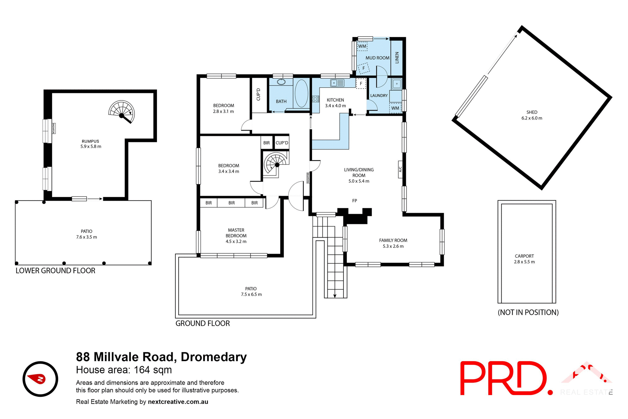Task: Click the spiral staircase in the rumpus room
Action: click(122, 111)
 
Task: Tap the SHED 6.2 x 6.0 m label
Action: click(532, 115)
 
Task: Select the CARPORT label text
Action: click(524, 256)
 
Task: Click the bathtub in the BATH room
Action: click(301, 93)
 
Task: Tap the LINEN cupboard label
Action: click(397, 58)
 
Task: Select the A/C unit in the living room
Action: click(400, 169)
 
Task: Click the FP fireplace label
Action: click(355, 201)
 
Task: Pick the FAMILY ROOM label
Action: click(393, 240)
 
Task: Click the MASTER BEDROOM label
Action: click(236, 233)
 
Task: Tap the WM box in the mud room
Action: click(362, 46)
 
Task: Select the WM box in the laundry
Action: click(395, 108)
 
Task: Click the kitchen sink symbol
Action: click(337, 83)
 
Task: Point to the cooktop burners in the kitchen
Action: click(315, 99)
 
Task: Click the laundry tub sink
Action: click(396, 84)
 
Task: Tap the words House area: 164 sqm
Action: click(124, 370)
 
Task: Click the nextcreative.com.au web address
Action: click(178, 402)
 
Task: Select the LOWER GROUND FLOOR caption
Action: click(55, 271)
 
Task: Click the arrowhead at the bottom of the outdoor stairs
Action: click(335, 296)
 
